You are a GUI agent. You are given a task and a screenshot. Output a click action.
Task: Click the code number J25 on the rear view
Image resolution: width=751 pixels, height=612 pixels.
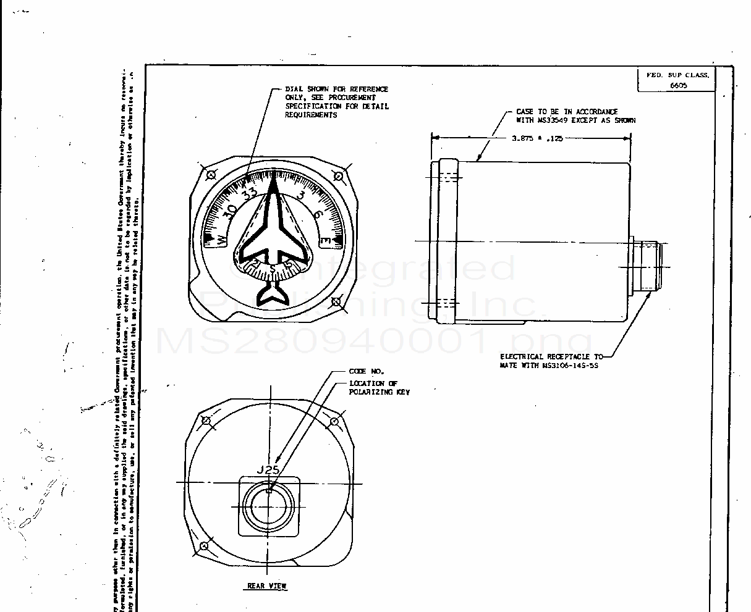268,470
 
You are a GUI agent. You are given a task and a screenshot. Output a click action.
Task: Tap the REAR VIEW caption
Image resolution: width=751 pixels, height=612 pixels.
267,586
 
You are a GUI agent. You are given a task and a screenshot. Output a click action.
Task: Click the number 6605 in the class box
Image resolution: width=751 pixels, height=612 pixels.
678,85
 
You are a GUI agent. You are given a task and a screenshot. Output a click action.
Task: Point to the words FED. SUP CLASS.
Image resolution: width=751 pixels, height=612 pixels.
677,75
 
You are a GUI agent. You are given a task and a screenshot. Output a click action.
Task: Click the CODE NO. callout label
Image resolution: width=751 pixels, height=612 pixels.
367,371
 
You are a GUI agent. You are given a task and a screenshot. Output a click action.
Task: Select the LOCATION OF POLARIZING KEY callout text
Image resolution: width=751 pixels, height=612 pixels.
379,388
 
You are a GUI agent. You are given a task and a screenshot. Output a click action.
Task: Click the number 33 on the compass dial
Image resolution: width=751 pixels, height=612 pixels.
250,193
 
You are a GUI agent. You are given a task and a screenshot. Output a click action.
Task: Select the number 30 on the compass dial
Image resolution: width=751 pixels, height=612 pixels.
229,210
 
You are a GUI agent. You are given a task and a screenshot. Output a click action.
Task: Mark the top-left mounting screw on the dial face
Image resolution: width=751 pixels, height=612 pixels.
211,175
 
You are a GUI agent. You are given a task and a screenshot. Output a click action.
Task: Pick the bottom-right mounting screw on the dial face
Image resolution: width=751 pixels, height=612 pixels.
336,302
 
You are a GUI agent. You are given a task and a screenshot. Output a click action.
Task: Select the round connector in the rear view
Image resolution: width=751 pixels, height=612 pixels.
269,506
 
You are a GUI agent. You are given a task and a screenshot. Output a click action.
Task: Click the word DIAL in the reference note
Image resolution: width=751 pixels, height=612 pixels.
293,90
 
